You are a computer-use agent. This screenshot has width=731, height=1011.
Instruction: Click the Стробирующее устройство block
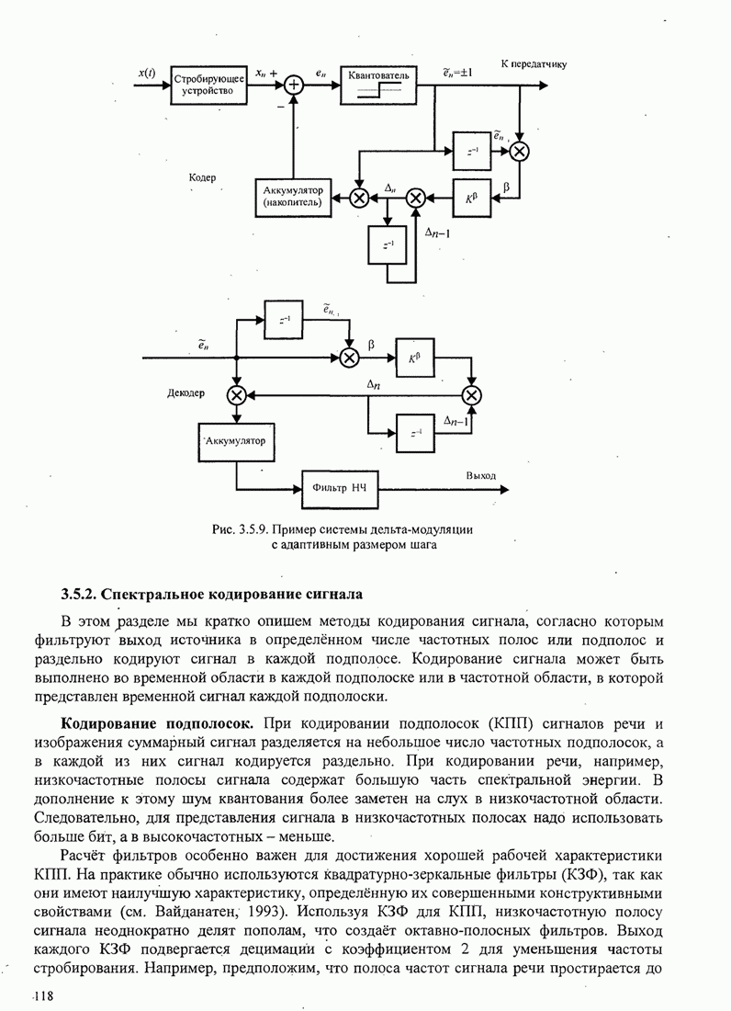[x=208, y=85]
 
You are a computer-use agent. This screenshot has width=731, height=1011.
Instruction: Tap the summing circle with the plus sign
[x=294, y=85]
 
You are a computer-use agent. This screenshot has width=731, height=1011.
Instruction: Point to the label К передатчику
[x=534, y=64]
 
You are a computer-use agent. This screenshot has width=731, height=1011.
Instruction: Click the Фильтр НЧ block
[x=340, y=485]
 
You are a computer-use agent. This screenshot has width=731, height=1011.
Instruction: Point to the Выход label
[x=480, y=476]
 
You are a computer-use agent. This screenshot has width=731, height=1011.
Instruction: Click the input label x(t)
[x=147, y=73]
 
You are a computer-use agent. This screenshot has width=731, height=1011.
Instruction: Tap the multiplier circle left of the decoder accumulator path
[x=236, y=395]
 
